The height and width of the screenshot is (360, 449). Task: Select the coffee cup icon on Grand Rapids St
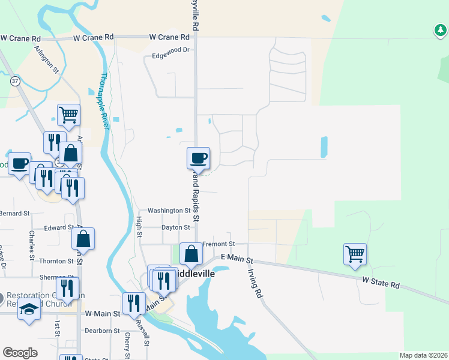click(x=199, y=158)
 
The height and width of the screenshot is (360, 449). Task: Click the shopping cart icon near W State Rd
click(x=355, y=253)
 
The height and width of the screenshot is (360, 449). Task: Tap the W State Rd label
click(x=381, y=281)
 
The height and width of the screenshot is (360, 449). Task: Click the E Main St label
click(x=237, y=257)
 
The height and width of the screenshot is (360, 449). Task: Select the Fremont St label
click(x=217, y=244)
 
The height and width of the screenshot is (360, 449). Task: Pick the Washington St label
click(x=169, y=211)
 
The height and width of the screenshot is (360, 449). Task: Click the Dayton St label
click(x=175, y=227)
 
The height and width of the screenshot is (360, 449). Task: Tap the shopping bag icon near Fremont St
click(x=191, y=253)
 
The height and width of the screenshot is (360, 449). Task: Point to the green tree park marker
click(x=441, y=29)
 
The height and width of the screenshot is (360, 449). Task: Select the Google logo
click(x=20, y=353)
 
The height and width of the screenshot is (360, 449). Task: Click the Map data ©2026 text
click(x=423, y=355)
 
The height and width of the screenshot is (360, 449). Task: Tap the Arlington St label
click(x=46, y=60)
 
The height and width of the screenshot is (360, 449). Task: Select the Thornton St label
click(x=56, y=261)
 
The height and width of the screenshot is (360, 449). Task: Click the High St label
click(x=139, y=226)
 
